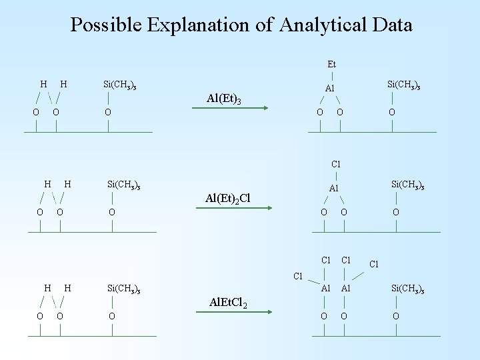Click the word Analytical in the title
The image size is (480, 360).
pos(324,25)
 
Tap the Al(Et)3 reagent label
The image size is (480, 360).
pos(223,99)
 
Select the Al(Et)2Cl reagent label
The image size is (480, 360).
pos(228,198)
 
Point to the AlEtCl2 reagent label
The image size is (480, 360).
pos(229,304)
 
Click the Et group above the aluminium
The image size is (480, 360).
pos(331,65)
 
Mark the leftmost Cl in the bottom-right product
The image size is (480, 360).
pos(299,276)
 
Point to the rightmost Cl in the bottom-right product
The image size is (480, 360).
pos(374,264)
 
